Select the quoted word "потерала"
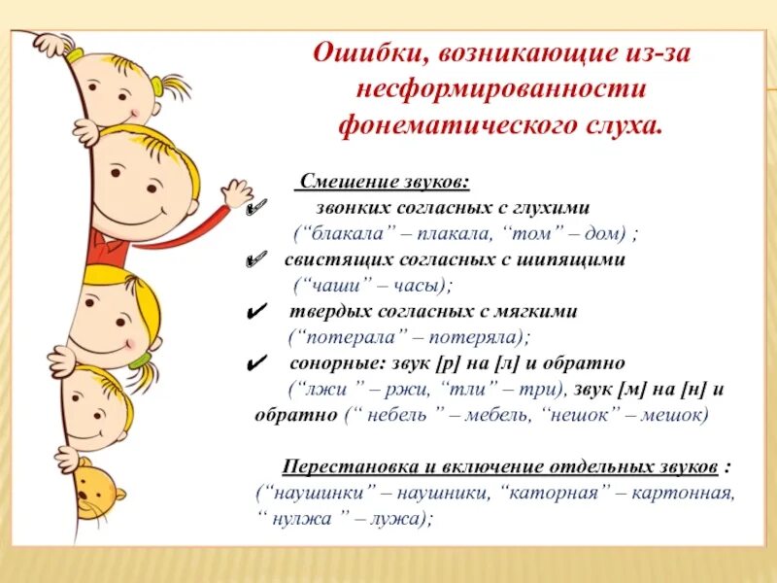[x=345, y=337]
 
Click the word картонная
[x=683, y=493]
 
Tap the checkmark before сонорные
[x=257, y=364]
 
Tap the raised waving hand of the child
[x=235, y=192]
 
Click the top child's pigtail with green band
[x=177, y=87]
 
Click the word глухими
[x=550, y=208]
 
